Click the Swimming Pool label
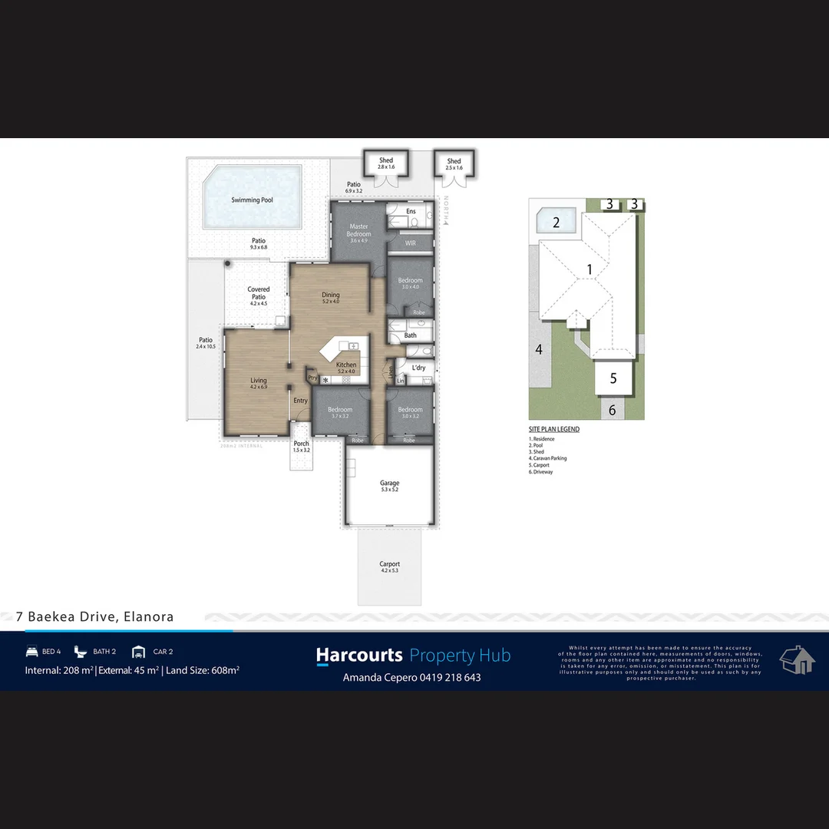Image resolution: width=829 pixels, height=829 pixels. click(x=252, y=200)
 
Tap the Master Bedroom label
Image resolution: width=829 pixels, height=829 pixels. click(x=358, y=230)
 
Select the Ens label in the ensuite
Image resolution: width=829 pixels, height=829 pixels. click(x=411, y=211)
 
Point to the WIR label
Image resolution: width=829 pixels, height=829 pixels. click(x=410, y=243)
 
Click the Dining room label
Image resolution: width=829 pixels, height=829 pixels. click(x=330, y=296)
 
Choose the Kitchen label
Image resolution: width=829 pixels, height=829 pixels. click(x=346, y=365)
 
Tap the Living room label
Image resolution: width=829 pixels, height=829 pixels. click(x=258, y=381)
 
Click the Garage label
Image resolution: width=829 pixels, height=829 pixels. click(x=389, y=484)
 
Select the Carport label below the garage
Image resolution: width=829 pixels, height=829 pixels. click(x=389, y=564)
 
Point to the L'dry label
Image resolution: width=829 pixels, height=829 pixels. click(x=418, y=368)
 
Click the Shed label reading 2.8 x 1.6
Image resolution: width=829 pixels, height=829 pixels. click(x=385, y=161)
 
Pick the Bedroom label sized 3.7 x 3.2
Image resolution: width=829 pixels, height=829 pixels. click(x=340, y=410)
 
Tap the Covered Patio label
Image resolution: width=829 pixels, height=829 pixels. click(x=258, y=293)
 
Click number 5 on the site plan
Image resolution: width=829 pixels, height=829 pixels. click(x=613, y=378)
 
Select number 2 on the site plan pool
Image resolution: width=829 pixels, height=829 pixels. click(x=557, y=223)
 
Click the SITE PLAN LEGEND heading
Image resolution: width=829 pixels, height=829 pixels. click(x=554, y=429)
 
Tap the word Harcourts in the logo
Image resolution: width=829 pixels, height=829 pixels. click(x=359, y=656)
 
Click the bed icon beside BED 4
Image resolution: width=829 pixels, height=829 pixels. click(x=31, y=652)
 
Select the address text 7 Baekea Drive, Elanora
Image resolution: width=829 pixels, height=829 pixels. click(x=95, y=616)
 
